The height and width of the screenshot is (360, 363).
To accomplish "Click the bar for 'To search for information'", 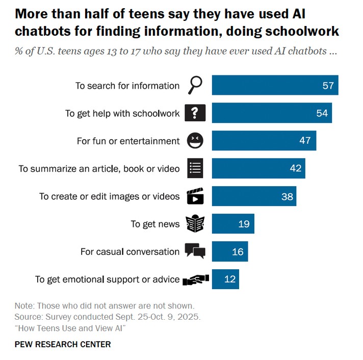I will (275, 85).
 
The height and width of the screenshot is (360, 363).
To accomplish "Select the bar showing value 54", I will (272, 113).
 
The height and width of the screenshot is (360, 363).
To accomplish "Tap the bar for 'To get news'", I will (233, 223).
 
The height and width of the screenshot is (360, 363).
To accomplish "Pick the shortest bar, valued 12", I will (225, 279).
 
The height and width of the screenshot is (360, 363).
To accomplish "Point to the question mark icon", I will (195, 113).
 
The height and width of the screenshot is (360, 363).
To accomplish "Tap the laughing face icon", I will (195, 141).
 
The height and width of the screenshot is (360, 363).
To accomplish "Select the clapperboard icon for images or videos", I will (195, 196).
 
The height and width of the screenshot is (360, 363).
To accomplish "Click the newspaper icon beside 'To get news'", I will (195, 223).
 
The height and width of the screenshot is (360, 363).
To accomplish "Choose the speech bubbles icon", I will (195, 251).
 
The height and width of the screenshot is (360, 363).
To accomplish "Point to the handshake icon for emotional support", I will (196, 279).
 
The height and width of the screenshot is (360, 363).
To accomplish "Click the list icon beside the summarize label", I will (195, 168).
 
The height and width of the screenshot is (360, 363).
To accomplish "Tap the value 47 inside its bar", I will (305, 141).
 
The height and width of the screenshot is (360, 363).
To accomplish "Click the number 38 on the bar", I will (287, 196).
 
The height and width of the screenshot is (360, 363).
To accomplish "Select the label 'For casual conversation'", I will (130, 251).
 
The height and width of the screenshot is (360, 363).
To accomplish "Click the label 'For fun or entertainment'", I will (128, 141).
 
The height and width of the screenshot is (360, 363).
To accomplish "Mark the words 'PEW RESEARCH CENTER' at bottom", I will (63, 344).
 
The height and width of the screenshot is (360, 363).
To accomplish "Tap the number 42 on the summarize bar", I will (296, 168).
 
